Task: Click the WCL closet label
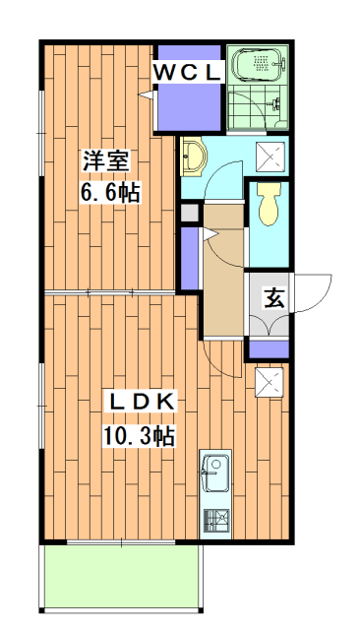(x=187, y=71)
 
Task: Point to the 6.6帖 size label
(x=109, y=191)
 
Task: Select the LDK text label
(x=142, y=401)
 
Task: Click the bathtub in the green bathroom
(x=259, y=66)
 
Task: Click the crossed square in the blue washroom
(x=270, y=157)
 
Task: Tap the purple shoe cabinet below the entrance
(x=268, y=347)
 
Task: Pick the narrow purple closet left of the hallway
(x=189, y=259)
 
